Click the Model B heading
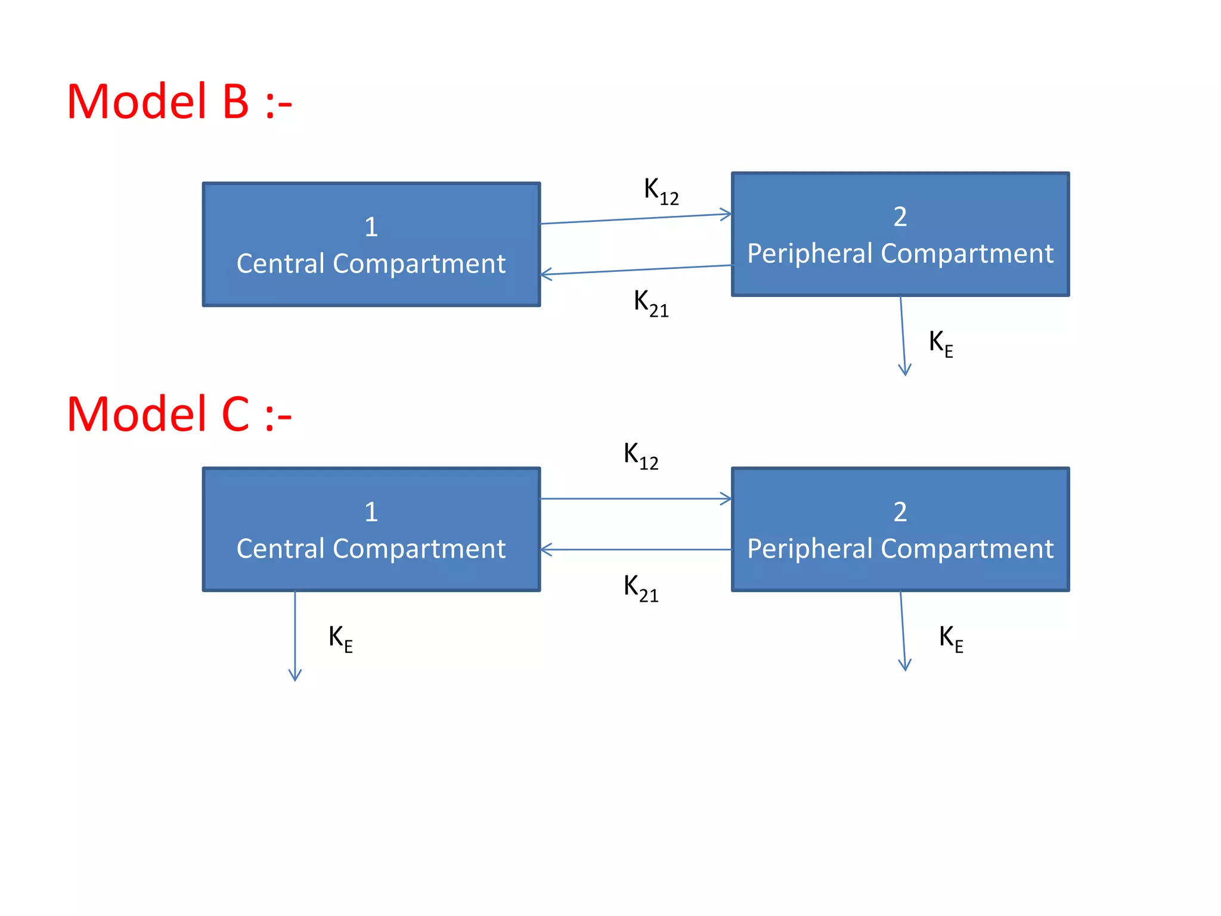coord(179,102)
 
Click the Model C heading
coord(179,414)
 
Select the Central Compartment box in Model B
coord(371,245)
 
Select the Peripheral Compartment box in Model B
coord(900,234)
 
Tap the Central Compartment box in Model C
coord(371,530)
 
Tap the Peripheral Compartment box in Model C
coord(900,530)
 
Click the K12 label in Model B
coord(661,191)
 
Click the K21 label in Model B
coord(651,303)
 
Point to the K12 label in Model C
coord(641,456)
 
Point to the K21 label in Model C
coord(641,588)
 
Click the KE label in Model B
coord(941,343)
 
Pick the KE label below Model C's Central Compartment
coord(340,639)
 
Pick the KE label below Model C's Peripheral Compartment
coord(951,639)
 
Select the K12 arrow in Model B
coord(636,219)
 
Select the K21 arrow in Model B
coord(636,270)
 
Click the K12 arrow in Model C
coord(636,499)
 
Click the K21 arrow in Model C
coord(636,549)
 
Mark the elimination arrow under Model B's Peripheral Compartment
coord(903,336)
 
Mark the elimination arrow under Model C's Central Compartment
coord(295,636)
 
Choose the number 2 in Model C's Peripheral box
coord(900,512)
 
